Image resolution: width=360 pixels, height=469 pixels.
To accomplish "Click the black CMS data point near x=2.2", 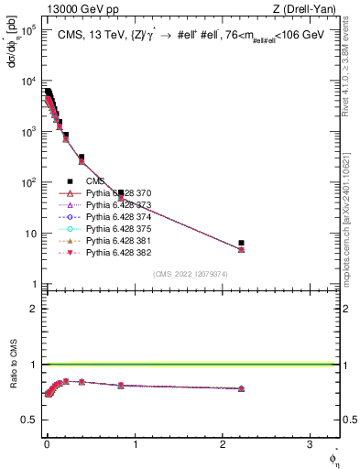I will (241, 243).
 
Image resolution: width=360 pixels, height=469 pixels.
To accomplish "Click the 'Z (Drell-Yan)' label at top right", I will (309, 9).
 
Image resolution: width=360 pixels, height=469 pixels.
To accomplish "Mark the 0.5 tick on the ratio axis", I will (30, 420).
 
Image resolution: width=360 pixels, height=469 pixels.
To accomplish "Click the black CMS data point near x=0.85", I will (121, 193).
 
